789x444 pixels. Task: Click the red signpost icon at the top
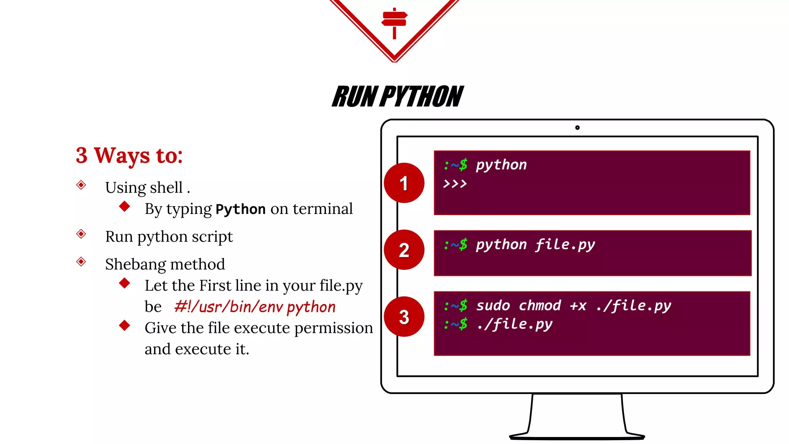(394, 22)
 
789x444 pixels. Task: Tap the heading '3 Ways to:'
(129, 155)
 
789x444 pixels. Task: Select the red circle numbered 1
(404, 183)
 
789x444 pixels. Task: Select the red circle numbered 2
(404, 250)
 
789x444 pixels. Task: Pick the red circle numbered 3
(404, 317)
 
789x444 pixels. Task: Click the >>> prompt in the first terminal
(455, 184)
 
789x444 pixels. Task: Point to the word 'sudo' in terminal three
(493, 306)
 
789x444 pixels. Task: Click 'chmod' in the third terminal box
(539, 306)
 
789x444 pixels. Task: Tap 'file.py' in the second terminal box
(565, 245)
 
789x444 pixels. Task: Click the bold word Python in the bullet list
(240, 209)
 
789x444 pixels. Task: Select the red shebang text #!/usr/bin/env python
(255, 307)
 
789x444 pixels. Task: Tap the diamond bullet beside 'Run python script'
(81, 234)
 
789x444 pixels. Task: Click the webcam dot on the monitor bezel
(577, 128)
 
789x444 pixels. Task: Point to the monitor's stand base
(577, 436)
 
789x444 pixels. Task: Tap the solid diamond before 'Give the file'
(124, 325)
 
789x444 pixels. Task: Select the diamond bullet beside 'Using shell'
(81, 185)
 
